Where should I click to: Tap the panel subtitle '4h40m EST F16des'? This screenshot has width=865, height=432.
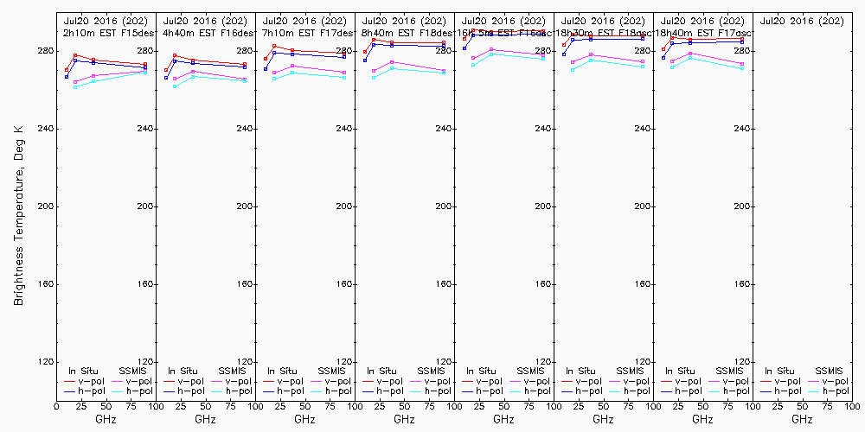pyautogui.click(x=204, y=32)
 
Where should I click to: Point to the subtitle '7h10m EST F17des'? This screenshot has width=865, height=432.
pyautogui.click(x=304, y=32)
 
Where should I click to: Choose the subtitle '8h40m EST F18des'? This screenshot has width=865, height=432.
pyautogui.click(x=403, y=32)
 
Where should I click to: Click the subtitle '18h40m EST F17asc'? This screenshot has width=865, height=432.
pyautogui.click(x=702, y=32)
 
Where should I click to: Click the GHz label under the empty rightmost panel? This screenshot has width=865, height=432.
pyautogui.click(x=802, y=419)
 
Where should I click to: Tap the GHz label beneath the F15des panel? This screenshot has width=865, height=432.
pyautogui.click(x=106, y=419)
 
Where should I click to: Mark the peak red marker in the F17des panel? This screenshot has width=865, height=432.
pyautogui.click(x=274, y=46)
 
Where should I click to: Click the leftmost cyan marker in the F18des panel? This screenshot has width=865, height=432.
pyautogui.click(x=374, y=78)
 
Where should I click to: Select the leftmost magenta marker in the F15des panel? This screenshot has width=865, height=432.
pyautogui.click(x=75, y=82)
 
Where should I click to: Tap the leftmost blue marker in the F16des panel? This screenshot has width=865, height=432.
pyautogui.click(x=166, y=78)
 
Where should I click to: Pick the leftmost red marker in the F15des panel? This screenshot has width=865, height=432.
pyautogui.click(x=67, y=70)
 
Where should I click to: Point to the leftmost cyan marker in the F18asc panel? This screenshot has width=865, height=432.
pyautogui.click(x=573, y=70)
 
